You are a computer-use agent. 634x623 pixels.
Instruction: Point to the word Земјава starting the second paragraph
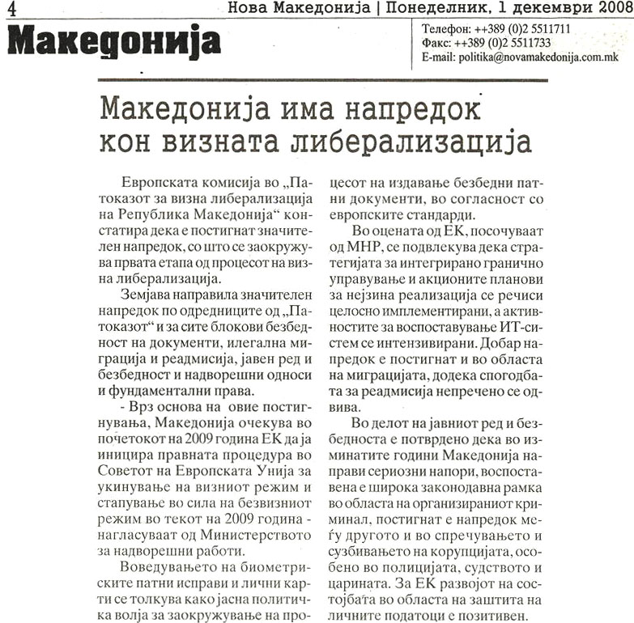click(x=145, y=295)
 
